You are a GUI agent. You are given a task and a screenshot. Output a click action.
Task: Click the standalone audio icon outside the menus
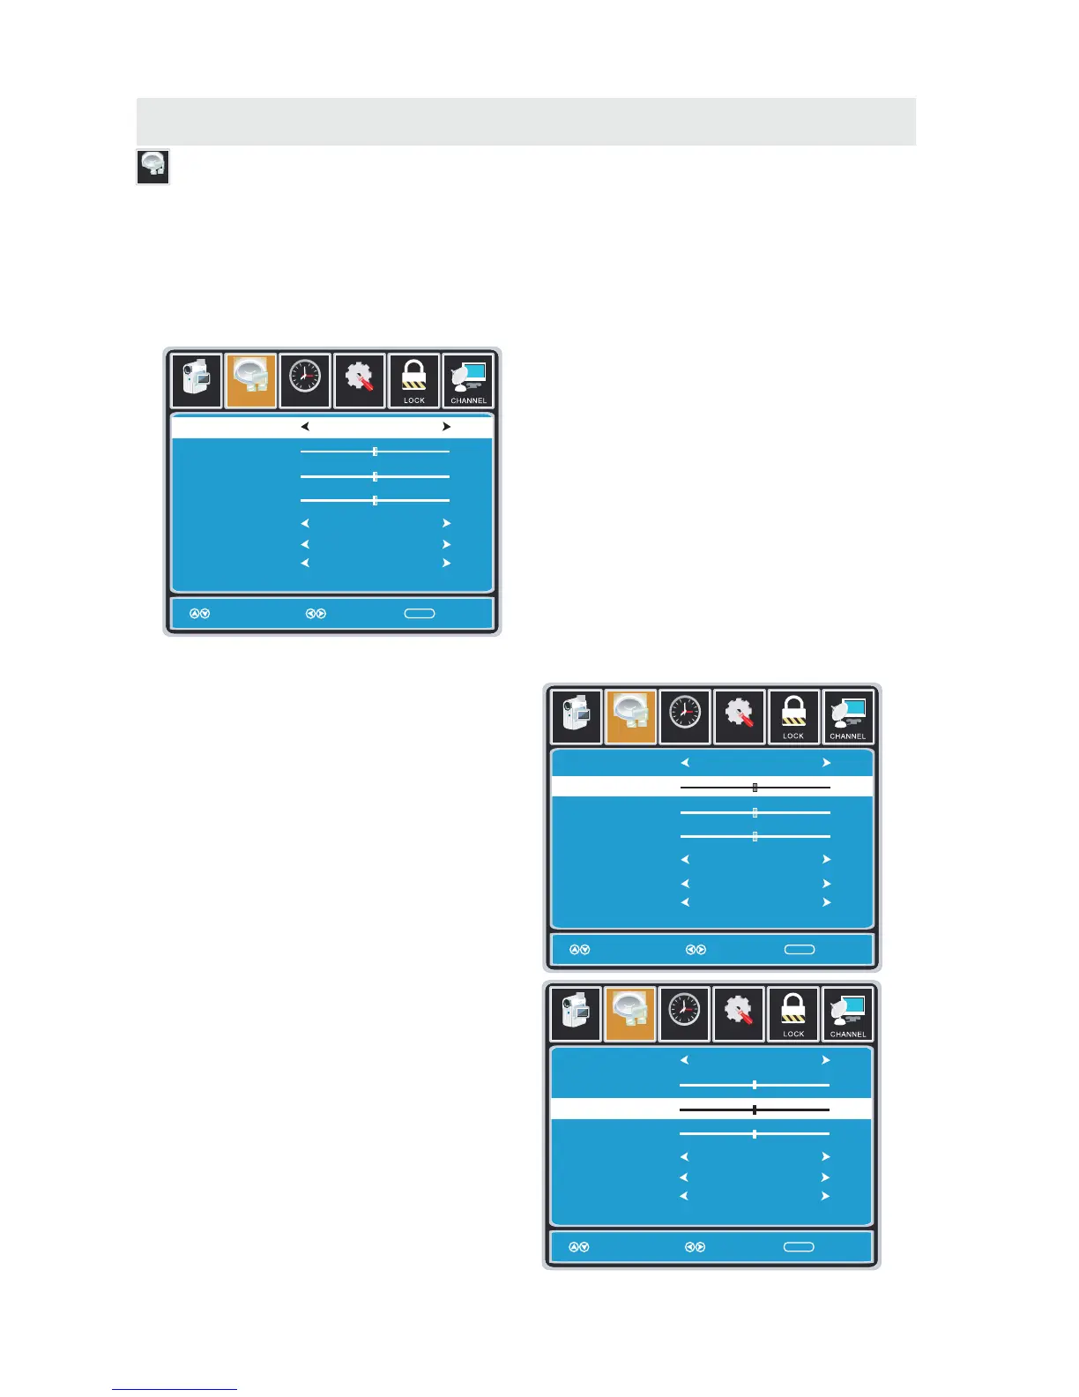(x=153, y=167)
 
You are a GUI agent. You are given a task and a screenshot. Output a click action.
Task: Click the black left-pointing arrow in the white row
(x=305, y=427)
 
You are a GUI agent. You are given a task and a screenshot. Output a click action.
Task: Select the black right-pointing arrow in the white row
(x=446, y=427)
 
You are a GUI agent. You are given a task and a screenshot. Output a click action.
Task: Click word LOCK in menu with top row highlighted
(x=414, y=400)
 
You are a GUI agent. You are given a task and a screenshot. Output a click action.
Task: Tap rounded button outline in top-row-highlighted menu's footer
(x=420, y=613)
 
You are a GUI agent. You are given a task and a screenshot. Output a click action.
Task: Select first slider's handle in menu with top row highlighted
(x=375, y=452)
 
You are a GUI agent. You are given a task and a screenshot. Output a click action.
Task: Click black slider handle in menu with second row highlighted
(x=755, y=788)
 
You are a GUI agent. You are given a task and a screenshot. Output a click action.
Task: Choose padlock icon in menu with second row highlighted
(x=793, y=711)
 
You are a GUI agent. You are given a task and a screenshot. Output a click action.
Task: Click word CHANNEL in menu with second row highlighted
(x=848, y=736)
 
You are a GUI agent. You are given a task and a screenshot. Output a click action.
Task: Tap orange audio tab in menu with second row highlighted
(x=631, y=715)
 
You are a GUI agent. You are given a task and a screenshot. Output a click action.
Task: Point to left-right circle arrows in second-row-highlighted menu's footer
(x=696, y=950)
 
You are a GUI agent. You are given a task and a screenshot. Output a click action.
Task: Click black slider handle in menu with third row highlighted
(x=755, y=1110)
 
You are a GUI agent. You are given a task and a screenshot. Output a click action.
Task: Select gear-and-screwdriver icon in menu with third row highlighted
(x=739, y=1012)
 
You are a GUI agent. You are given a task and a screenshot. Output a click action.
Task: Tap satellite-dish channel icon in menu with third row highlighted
(x=847, y=1010)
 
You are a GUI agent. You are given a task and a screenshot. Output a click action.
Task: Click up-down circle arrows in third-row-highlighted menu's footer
(x=579, y=1247)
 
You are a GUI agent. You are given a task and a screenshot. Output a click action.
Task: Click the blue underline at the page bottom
(x=175, y=1389)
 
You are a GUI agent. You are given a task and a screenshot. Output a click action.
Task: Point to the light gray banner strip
(x=525, y=121)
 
